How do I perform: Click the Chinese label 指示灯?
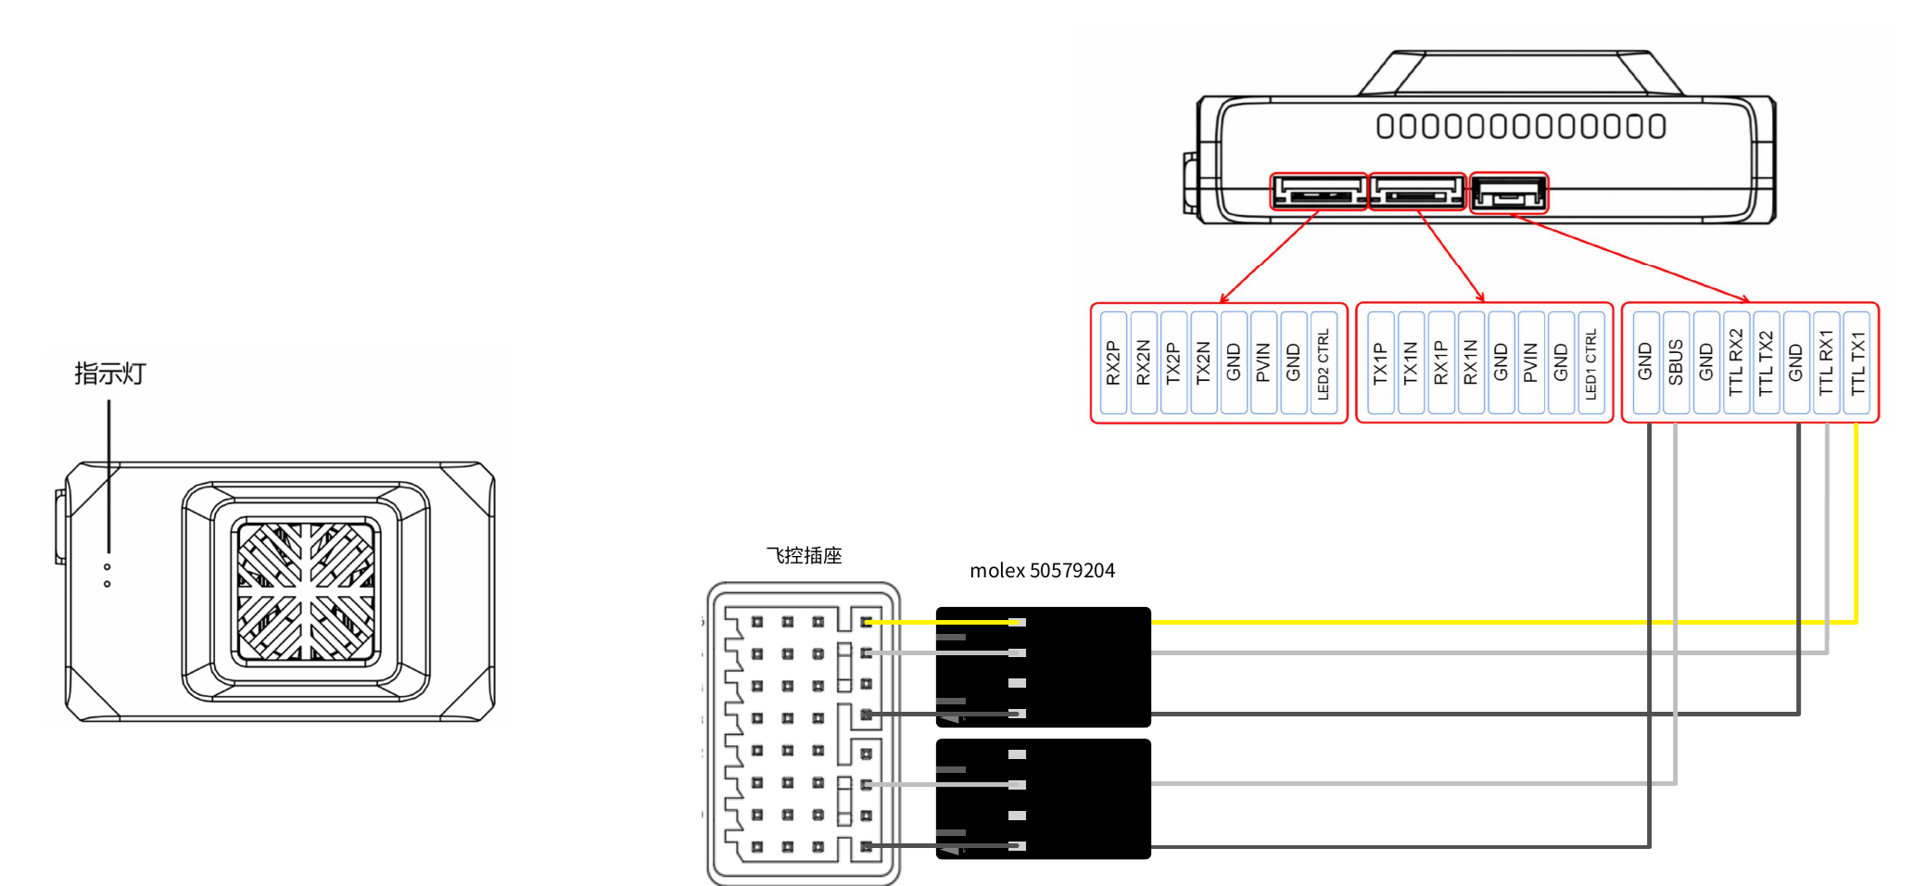pos(110,373)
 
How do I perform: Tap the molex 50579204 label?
pos(1042,571)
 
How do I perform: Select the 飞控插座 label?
pos(804,555)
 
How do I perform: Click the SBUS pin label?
pos(1676,362)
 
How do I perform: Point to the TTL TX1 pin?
pos(1857,362)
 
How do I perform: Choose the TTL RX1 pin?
pos(1827,362)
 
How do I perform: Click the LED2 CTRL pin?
pos(1323,362)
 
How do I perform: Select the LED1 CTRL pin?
pos(1590,362)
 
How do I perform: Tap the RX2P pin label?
pos(1113,362)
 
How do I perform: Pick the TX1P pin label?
pos(1380,362)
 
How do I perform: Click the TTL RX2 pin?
pos(1736,362)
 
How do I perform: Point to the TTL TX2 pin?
pos(1766,362)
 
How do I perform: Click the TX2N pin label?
pos(1203,362)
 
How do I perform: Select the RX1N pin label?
pos(1470,362)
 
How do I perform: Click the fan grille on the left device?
pos(306,591)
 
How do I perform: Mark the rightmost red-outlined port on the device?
pos(1509,193)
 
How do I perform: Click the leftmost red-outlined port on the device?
pos(1318,192)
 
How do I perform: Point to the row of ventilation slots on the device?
pos(1520,126)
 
